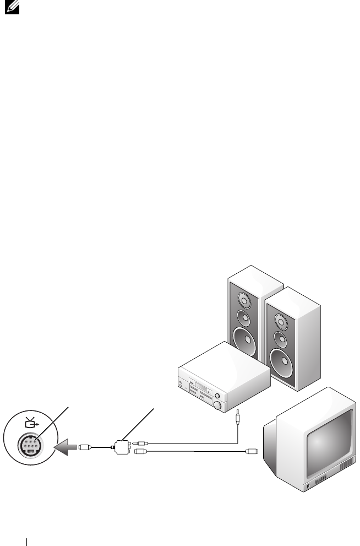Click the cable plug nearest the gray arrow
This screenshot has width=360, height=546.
coord(84,447)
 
